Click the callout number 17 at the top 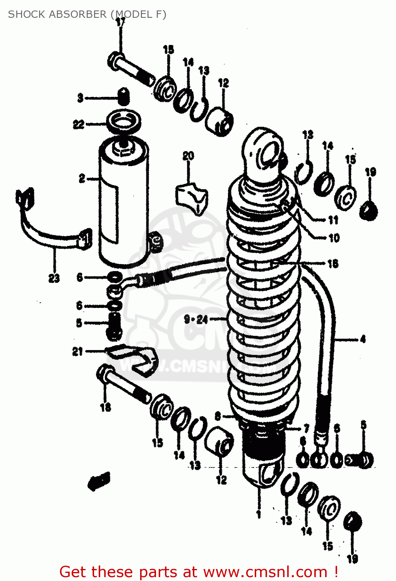120,22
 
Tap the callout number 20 188,156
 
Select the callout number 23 54,278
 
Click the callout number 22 79,124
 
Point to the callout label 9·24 196,320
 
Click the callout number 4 363,339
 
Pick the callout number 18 105,407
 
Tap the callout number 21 78,351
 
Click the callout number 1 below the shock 259,514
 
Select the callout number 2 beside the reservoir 82,179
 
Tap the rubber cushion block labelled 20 192,198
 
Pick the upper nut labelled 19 369,211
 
